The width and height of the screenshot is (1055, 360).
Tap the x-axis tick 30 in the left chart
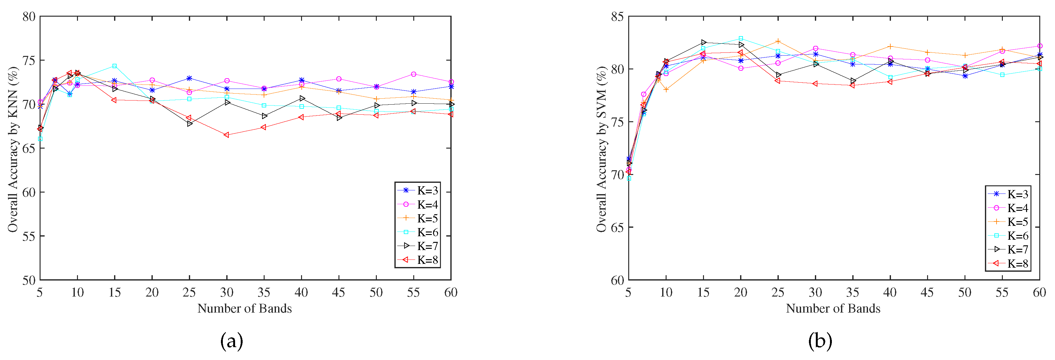click(227, 292)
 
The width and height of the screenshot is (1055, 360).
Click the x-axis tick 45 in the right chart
click(927, 292)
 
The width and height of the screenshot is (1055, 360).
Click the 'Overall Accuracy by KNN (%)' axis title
click(13, 148)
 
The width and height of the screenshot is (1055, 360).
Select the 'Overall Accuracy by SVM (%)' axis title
click(601, 148)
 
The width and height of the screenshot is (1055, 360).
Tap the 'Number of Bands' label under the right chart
click(833, 308)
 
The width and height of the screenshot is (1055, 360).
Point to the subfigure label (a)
click(232, 341)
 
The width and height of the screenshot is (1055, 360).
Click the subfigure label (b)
click(820, 341)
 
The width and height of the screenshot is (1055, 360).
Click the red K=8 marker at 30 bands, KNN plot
click(227, 135)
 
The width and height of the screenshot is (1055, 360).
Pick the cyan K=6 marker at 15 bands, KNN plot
click(115, 66)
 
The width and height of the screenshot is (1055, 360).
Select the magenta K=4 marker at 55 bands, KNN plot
click(414, 74)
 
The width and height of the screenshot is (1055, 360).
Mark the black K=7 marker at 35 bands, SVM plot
click(853, 81)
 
